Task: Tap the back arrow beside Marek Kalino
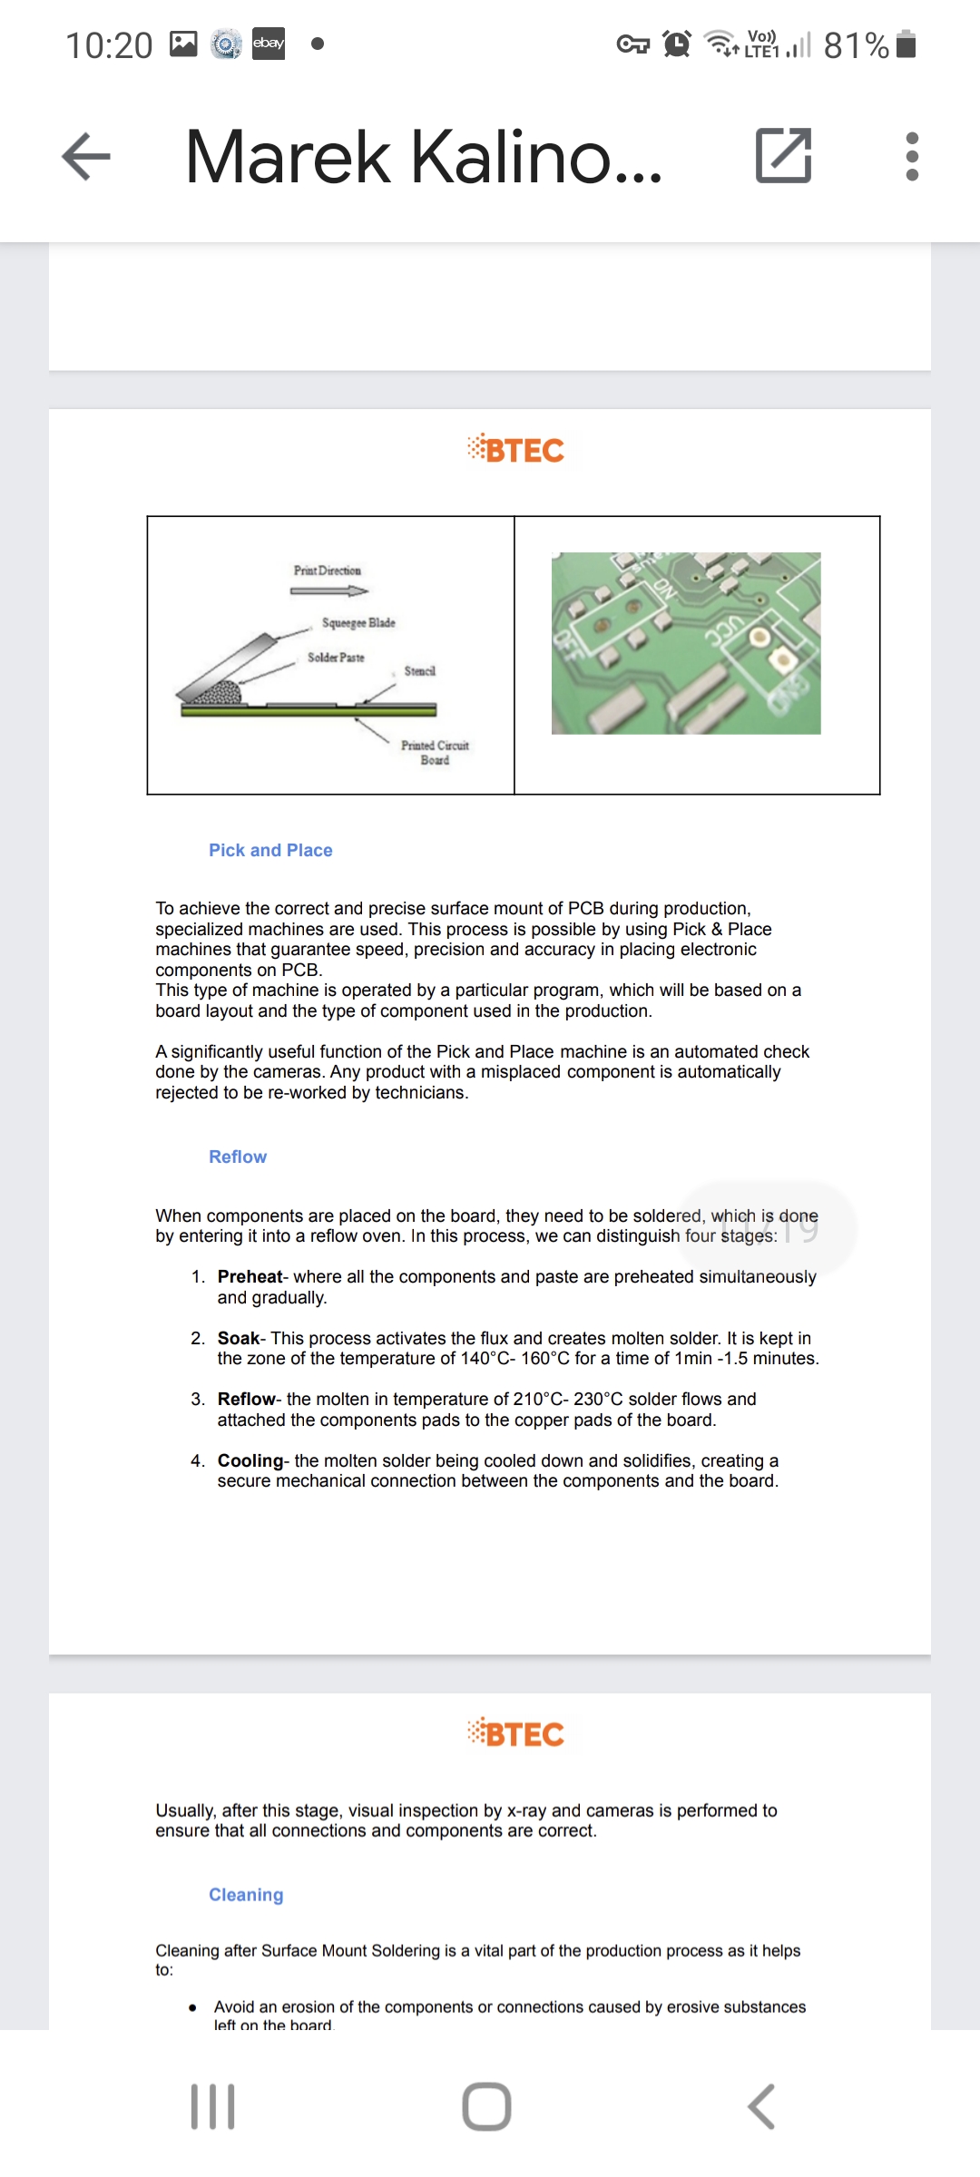tap(86, 156)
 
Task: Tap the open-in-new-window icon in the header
tap(783, 156)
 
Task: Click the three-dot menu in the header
tap(912, 156)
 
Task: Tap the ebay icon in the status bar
tap(269, 44)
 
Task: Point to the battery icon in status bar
tap(906, 44)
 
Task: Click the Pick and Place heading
tap(270, 850)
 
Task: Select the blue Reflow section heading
tap(238, 1157)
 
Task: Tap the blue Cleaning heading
tap(246, 1895)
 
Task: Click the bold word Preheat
tap(250, 1276)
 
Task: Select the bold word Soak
tap(239, 1338)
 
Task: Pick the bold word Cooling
tap(250, 1460)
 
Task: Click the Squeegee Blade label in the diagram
tap(358, 623)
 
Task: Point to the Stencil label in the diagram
tap(419, 671)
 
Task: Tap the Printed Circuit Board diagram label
tap(435, 752)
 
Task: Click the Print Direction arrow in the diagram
tap(328, 591)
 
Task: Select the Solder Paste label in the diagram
tap(336, 658)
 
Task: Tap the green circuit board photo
tap(686, 643)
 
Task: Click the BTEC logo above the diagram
tap(515, 450)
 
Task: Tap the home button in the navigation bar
tap(487, 2105)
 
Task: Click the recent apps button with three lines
tap(213, 2105)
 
